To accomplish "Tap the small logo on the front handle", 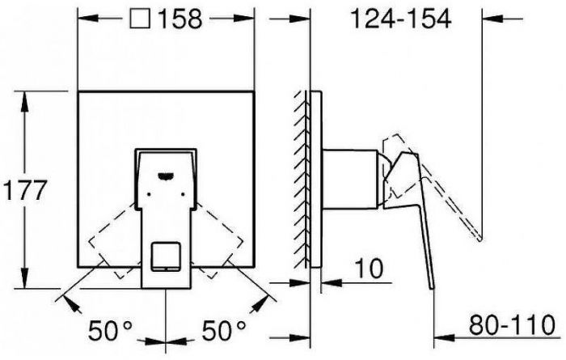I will (168, 171).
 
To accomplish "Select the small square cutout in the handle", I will (167, 256).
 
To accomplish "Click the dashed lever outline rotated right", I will (221, 235).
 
